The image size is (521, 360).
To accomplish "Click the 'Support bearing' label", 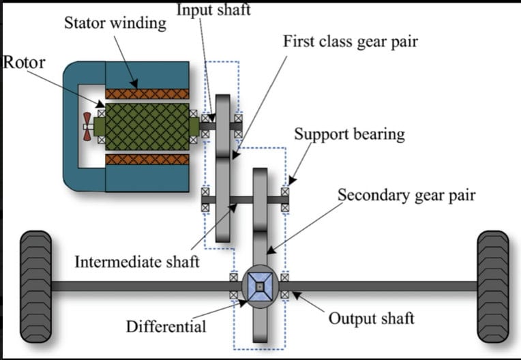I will pyautogui.click(x=349, y=133).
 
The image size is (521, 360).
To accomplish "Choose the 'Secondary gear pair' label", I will pyautogui.click(x=406, y=196).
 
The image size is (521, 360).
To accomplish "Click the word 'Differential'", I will pyautogui.click(x=166, y=327).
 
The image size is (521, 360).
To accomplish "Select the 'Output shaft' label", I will pyautogui.click(x=371, y=318).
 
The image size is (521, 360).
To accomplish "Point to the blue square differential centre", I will pyautogui.click(x=260, y=286).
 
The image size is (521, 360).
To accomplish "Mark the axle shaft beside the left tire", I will pyautogui.click(x=136, y=286).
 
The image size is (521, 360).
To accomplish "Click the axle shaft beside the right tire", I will pyautogui.click(x=382, y=286).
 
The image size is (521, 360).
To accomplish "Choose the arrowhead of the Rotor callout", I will pyautogui.click(x=99, y=106).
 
